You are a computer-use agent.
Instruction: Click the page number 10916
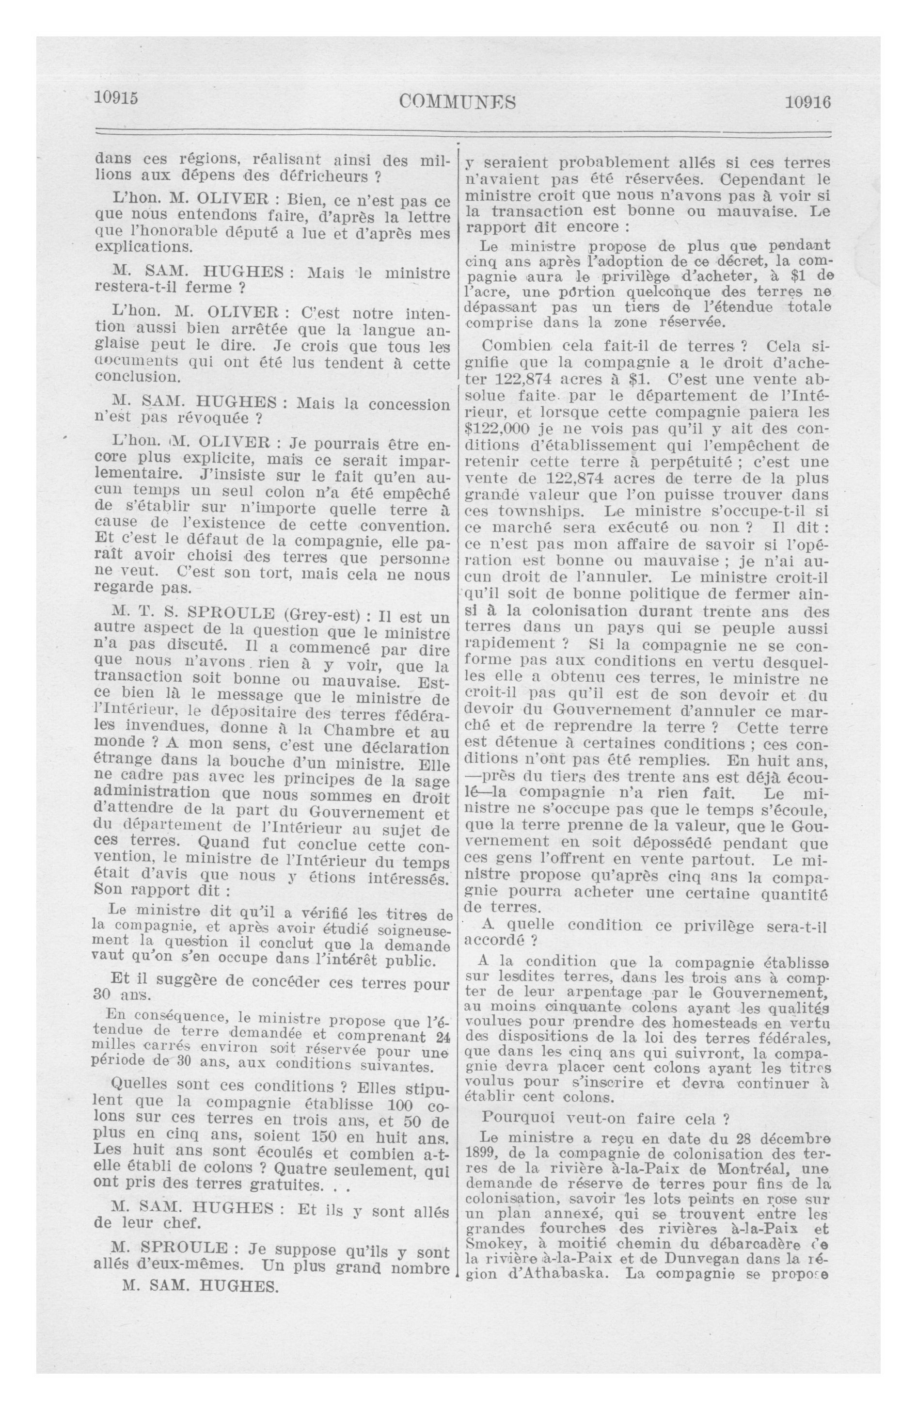point(807,102)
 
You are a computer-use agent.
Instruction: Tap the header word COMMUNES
point(458,102)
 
